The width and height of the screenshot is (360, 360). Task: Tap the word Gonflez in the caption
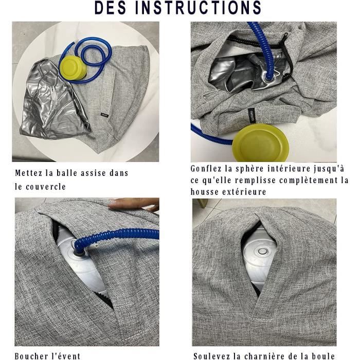208,169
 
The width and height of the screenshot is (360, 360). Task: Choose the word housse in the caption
206,192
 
